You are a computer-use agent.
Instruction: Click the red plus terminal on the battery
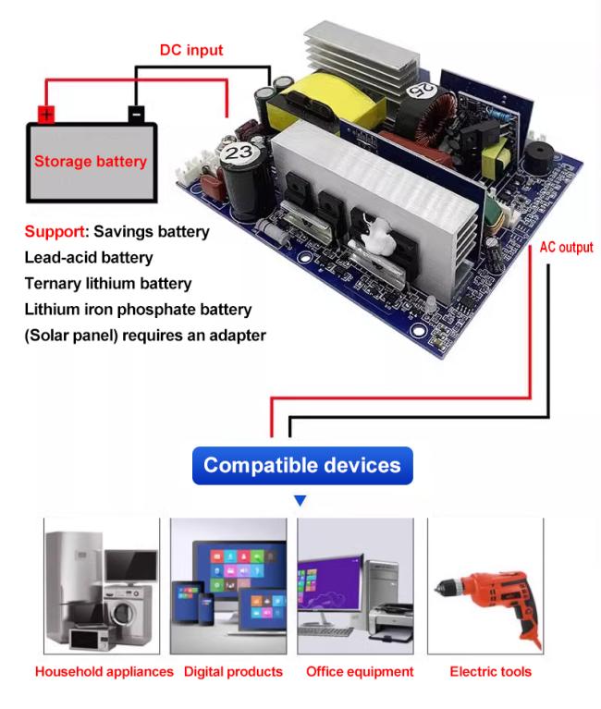tap(46, 115)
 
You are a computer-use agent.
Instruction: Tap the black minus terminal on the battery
tap(135, 115)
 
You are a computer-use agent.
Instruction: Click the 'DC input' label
tap(191, 50)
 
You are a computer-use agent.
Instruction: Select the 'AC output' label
tap(566, 248)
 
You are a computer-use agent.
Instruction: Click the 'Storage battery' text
tap(91, 162)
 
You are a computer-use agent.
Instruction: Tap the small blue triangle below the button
tap(300, 500)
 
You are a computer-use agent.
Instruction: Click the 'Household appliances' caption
tap(104, 672)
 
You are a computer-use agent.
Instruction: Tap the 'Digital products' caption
tap(233, 672)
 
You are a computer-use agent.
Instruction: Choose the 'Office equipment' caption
tap(360, 672)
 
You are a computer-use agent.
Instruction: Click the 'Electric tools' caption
tap(490, 672)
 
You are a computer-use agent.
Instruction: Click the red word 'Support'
tap(54, 231)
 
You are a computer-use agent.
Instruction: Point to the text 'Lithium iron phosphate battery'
tap(138, 310)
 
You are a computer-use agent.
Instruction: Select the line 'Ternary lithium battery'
tap(108, 284)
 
